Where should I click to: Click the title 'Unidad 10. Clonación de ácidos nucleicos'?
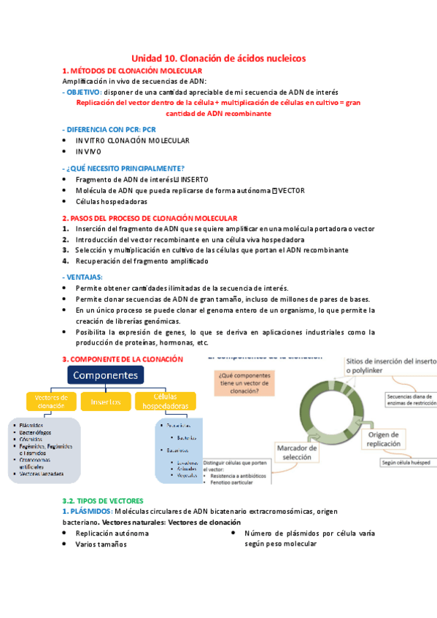coord(218,58)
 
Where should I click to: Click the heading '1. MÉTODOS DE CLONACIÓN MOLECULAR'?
coord(122,71)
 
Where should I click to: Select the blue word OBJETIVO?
coord(83,93)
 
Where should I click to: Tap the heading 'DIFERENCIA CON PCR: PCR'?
coord(104,128)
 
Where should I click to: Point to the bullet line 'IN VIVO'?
coord(88,152)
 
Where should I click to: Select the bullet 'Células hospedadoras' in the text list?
coord(111,201)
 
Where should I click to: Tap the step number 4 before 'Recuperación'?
coord(66,261)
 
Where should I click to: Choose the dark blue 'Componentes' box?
coord(107,375)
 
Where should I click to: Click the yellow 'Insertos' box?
coord(105,402)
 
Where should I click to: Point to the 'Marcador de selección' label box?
coord(296,453)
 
